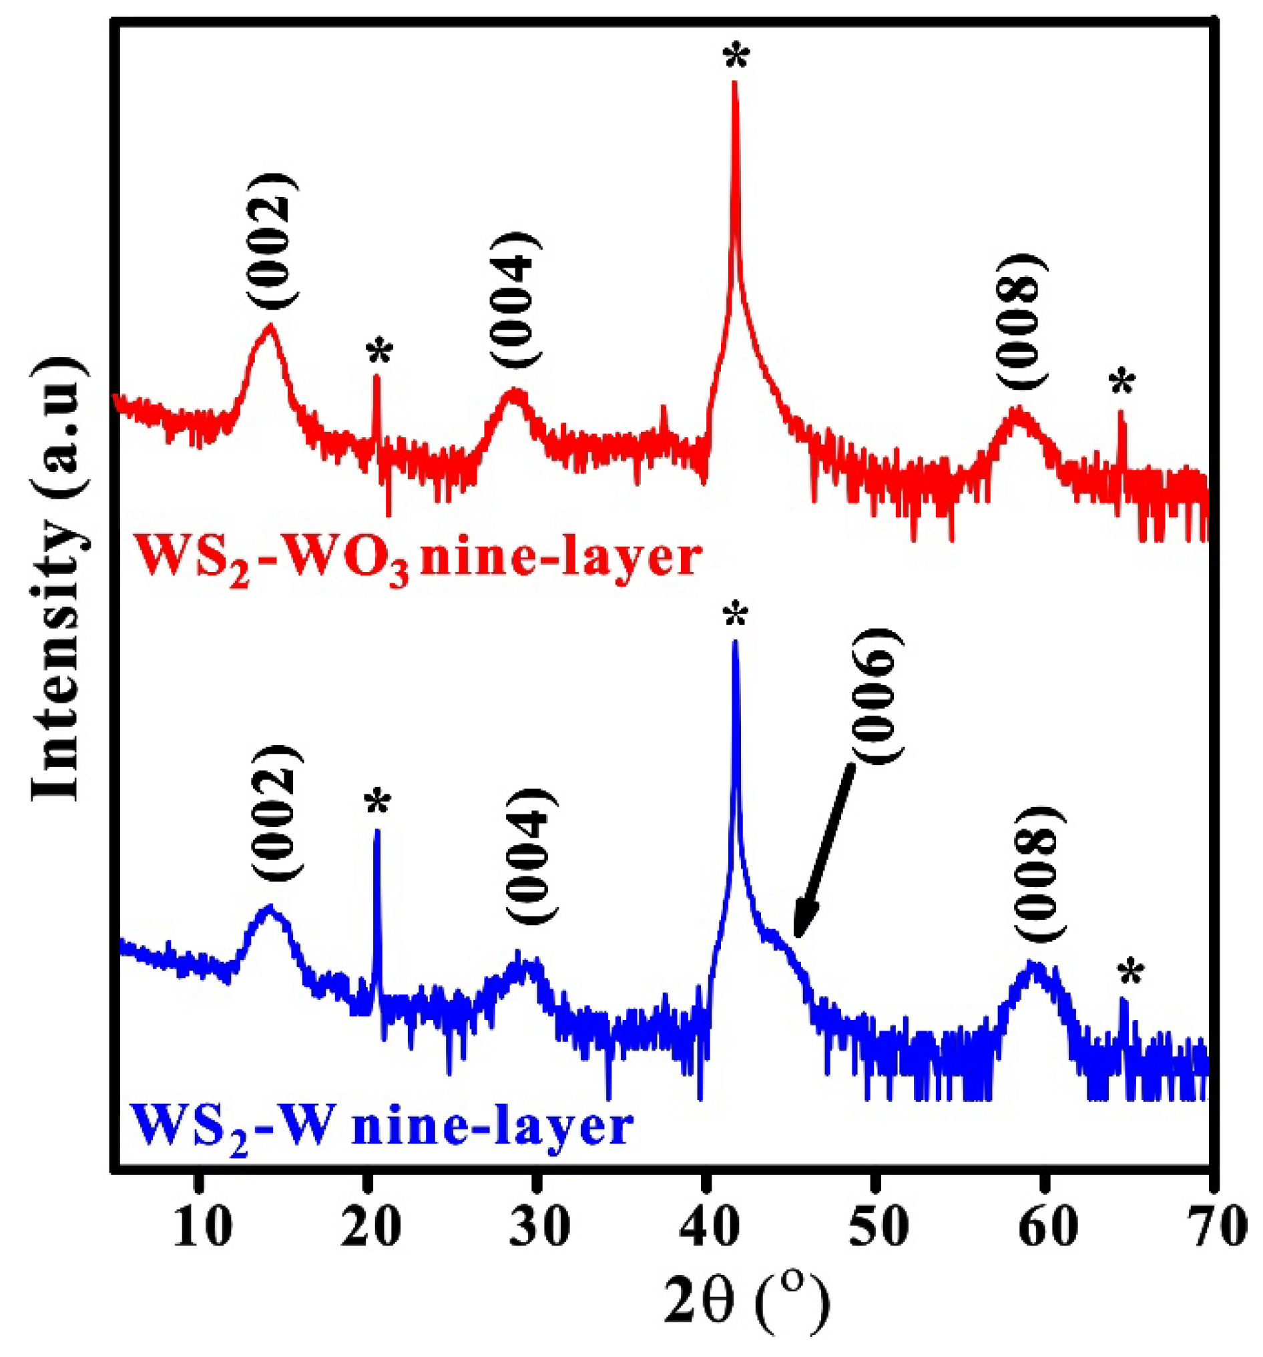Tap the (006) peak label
(877, 696)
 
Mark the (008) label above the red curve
(1019, 322)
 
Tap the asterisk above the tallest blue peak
(735, 616)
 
